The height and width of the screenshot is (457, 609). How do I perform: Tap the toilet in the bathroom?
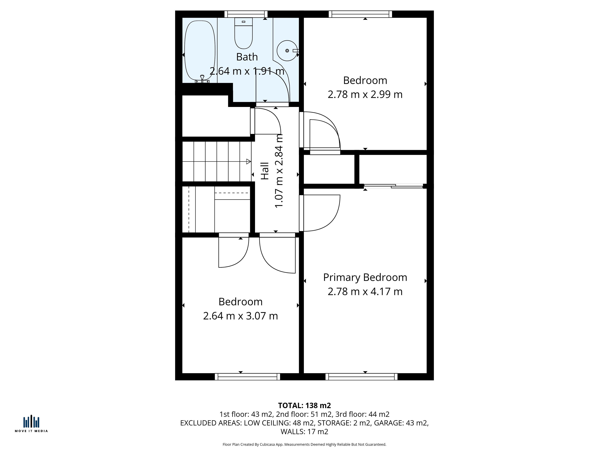243,33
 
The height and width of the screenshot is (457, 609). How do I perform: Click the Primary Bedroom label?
365,277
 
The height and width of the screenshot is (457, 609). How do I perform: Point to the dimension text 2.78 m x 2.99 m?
365,94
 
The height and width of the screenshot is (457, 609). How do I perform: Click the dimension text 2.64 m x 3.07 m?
241,316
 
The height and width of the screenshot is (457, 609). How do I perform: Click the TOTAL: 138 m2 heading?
304,405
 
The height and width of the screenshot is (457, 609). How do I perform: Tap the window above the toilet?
246,14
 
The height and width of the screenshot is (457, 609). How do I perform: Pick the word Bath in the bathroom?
247,57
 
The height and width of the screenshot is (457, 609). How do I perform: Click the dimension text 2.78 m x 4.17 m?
365,292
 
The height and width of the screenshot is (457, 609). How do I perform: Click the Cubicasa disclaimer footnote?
304,444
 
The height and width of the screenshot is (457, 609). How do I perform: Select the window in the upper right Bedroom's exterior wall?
360,14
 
